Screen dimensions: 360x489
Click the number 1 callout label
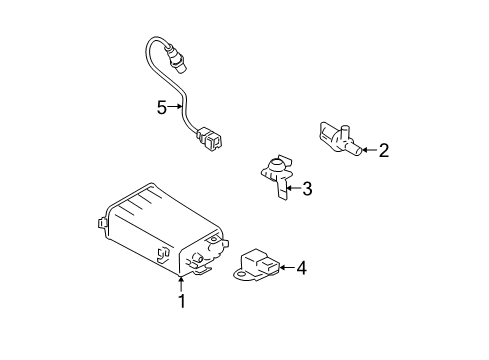click(x=181, y=301)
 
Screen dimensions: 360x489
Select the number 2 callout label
click(x=383, y=152)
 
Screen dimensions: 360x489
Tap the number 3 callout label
click(x=308, y=187)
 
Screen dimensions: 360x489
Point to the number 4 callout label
click(x=301, y=267)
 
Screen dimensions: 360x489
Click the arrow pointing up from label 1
click(x=181, y=283)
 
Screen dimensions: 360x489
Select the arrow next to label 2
click(x=366, y=152)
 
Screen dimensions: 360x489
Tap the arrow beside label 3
click(x=292, y=187)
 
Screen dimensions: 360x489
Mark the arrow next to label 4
click(x=284, y=267)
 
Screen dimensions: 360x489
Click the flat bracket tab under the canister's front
click(x=202, y=268)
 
